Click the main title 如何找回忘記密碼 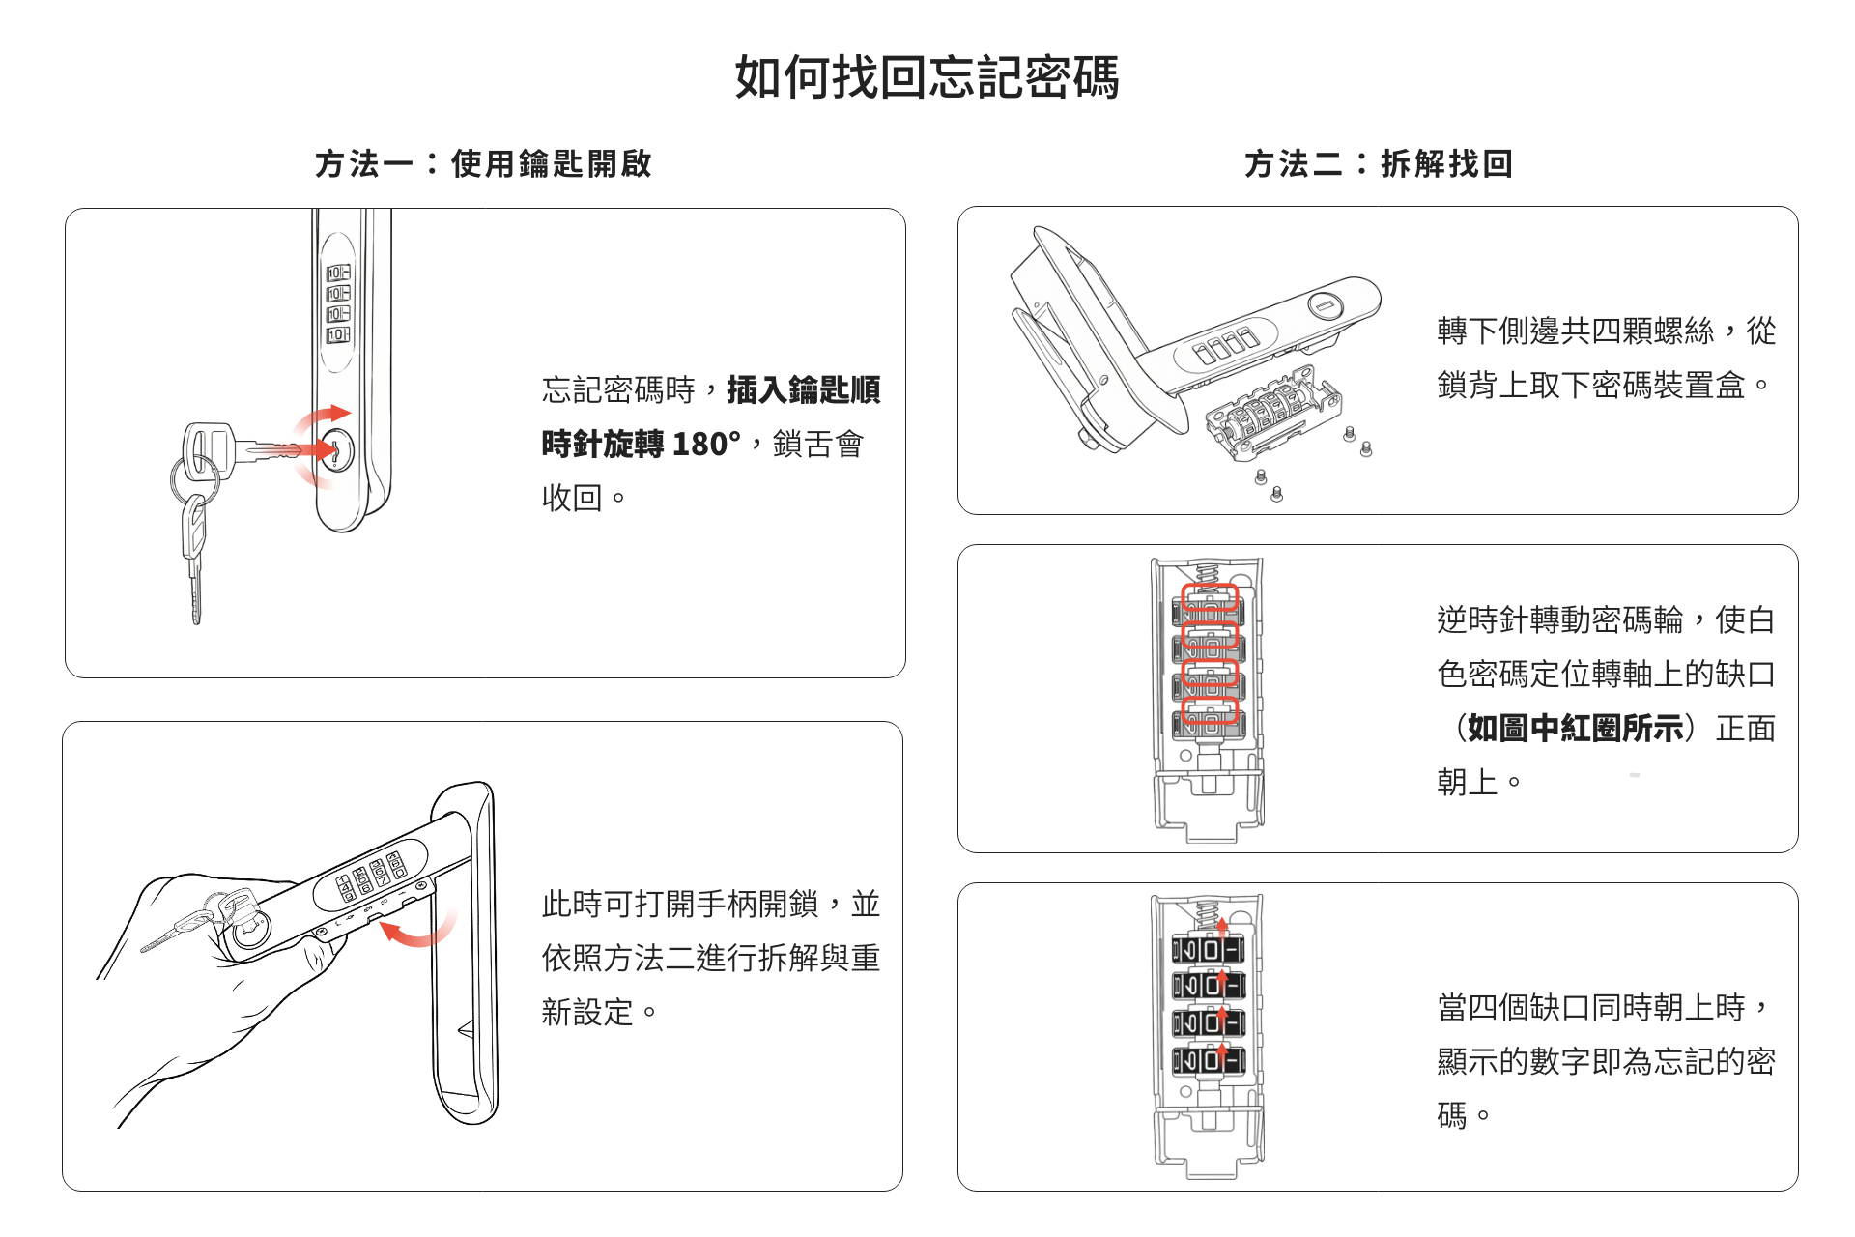(x=927, y=77)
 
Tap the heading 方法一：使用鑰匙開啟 (x=483, y=163)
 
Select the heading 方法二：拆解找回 (x=1378, y=163)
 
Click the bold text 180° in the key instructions (x=706, y=445)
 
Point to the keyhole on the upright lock (x=335, y=450)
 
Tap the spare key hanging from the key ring (x=194, y=561)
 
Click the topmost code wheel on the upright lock (x=338, y=273)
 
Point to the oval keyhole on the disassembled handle (x=1326, y=306)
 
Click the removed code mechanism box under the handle (x=1270, y=416)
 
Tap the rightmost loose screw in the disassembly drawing (x=1365, y=448)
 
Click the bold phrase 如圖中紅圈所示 (x=1576, y=728)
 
